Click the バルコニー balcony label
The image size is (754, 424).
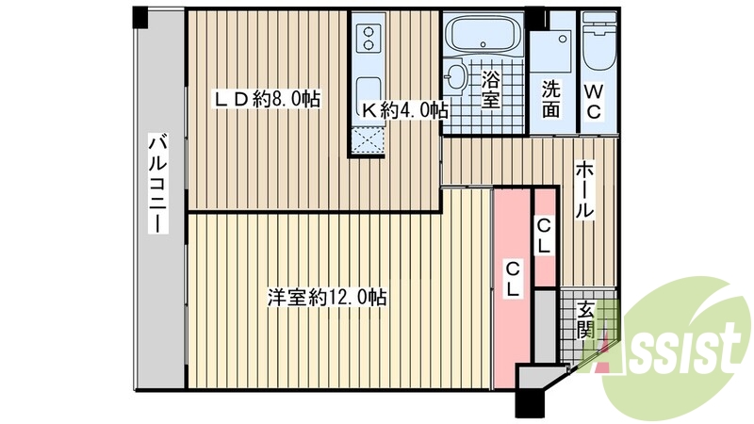coord(159,199)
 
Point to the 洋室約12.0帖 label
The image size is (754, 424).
coord(326,298)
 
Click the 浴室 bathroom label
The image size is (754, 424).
coord(490,90)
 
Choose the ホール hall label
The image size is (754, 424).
coord(583,189)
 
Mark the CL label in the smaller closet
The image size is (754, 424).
coord(545,236)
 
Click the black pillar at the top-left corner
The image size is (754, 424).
coord(139,16)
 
